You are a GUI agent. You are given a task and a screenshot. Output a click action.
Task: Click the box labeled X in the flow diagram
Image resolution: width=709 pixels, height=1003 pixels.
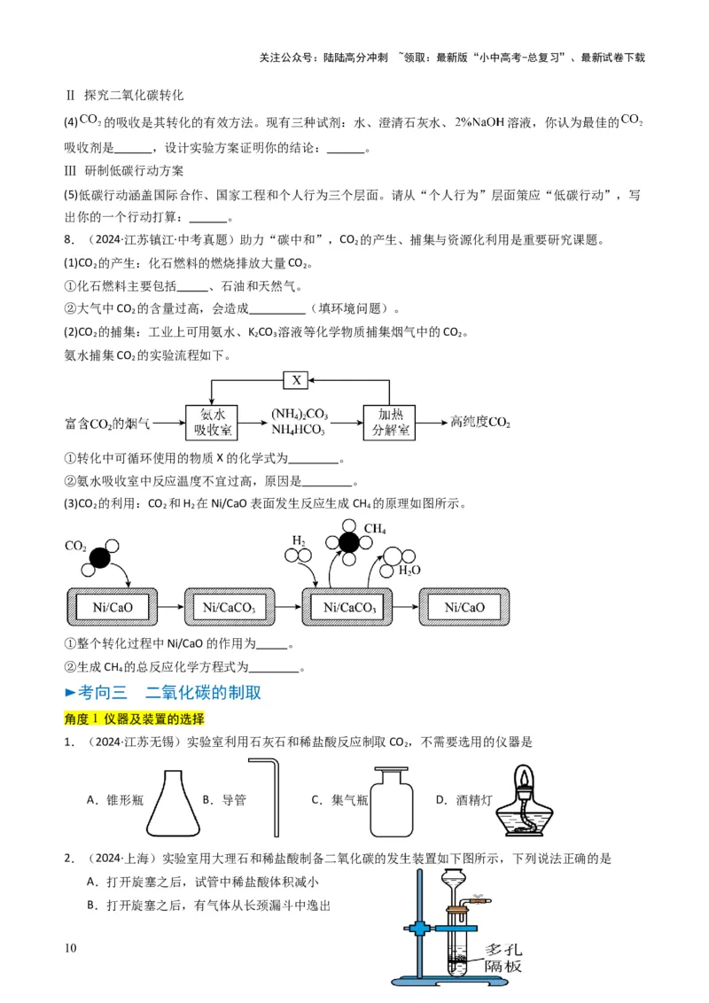[296, 380]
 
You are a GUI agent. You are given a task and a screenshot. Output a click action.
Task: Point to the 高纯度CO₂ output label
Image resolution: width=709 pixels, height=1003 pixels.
[480, 422]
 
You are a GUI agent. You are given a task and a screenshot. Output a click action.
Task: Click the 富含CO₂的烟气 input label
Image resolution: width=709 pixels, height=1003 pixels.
[107, 423]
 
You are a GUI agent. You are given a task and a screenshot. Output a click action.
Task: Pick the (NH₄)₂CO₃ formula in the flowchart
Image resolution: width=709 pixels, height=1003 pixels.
[299, 413]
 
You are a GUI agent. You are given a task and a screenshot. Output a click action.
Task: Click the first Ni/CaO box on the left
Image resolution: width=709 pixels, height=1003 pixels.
[113, 607]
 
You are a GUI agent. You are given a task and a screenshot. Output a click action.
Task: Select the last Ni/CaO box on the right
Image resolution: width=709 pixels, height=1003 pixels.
[464, 607]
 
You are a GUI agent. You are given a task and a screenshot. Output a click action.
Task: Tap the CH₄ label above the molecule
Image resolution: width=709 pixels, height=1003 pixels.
[375, 529]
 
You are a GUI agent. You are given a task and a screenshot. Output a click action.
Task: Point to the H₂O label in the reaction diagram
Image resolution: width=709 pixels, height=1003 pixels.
[409, 570]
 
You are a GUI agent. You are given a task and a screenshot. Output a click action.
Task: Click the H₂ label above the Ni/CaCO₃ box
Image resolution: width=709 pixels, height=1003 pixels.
[299, 539]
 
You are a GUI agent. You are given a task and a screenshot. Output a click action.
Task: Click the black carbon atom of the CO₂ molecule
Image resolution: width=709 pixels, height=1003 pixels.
[100, 558]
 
